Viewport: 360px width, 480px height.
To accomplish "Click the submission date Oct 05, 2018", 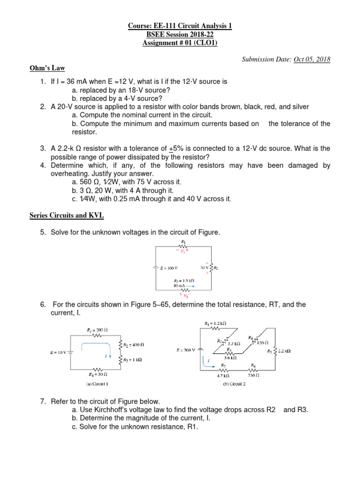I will (312, 59).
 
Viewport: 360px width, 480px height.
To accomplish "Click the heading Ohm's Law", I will (45, 68).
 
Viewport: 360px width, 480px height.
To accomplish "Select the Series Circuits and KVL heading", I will (66, 215).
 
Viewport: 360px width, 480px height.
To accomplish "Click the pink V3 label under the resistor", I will (184, 295).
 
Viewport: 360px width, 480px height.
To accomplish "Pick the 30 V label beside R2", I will (204, 268).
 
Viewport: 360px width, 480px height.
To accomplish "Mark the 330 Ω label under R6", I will (254, 375).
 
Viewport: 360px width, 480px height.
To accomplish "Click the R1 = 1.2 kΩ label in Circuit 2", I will (216, 323).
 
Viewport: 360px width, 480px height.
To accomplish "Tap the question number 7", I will (44, 402).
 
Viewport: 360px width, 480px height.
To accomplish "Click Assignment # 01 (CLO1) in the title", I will (180, 44).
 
